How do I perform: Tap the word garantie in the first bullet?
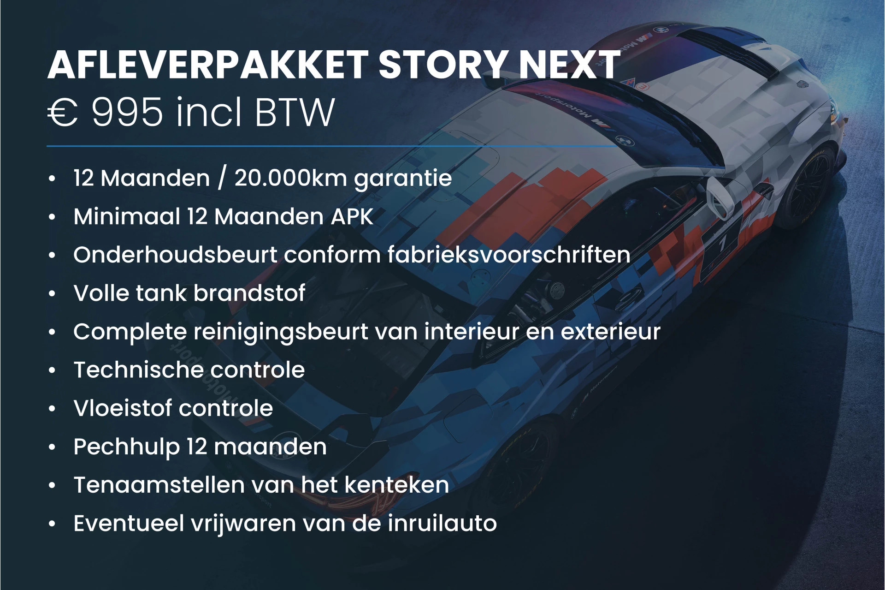click(x=403, y=179)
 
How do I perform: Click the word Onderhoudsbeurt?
click(x=175, y=255)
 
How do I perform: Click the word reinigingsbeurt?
click(x=281, y=332)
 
